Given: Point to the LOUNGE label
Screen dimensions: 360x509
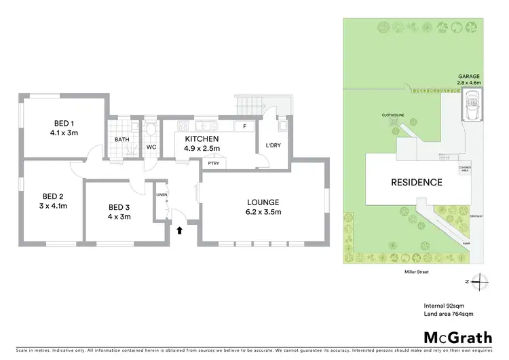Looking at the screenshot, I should [263, 202].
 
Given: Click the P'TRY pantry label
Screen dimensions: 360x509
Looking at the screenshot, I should [213, 163].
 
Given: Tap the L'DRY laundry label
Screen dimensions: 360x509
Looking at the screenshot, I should [274, 146].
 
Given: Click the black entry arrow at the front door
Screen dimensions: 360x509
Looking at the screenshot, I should [180, 230].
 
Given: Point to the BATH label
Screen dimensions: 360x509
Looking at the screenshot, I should [121, 139].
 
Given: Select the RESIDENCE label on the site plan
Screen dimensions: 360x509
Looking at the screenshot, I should [416, 182].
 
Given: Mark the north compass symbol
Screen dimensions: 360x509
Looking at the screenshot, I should [480, 280].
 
